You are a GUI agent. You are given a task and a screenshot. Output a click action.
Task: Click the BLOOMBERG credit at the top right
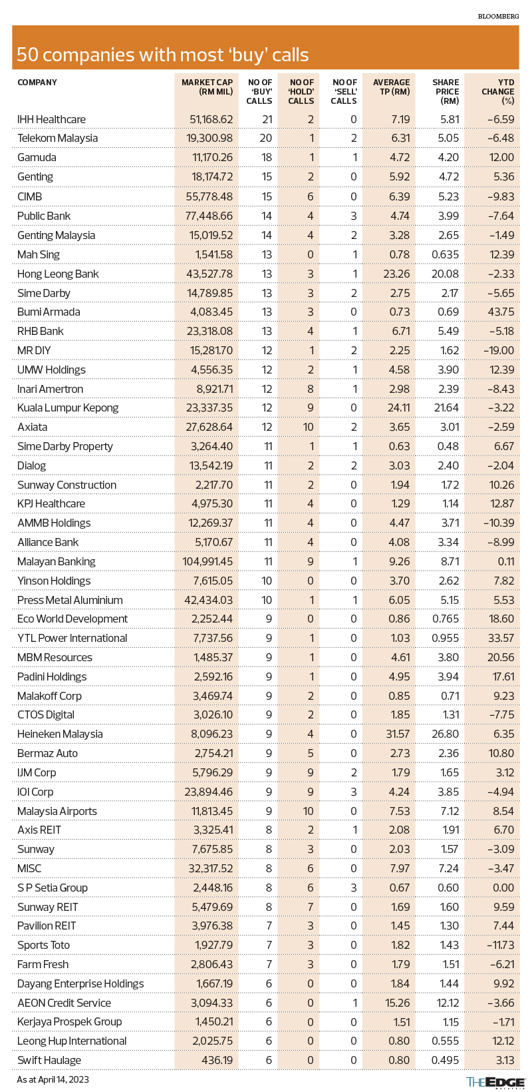click(x=498, y=15)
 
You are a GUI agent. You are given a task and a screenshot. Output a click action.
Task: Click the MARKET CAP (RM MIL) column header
click(x=207, y=87)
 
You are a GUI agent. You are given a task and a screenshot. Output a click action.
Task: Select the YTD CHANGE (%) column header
click(x=498, y=92)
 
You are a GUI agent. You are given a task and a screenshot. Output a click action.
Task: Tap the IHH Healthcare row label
click(x=52, y=119)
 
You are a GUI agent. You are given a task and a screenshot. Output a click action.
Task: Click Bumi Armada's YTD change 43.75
click(x=499, y=312)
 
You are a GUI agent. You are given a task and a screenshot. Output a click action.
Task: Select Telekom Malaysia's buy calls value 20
click(x=266, y=138)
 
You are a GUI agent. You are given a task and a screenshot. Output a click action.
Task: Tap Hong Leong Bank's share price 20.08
click(x=445, y=274)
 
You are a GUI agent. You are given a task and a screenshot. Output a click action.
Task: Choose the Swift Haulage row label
click(x=49, y=1060)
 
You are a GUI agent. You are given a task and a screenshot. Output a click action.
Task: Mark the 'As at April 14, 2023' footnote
click(x=53, y=1079)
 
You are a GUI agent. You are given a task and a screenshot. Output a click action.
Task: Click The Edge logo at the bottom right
click(x=495, y=1082)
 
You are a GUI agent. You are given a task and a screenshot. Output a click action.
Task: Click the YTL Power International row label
click(x=72, y=638)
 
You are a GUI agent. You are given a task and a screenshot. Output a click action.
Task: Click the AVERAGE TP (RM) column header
click(x=392, y=87)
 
